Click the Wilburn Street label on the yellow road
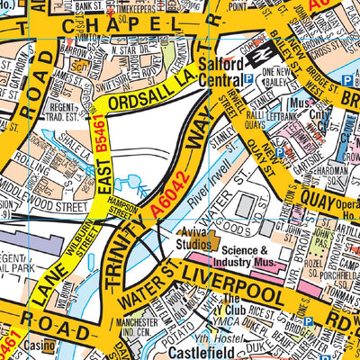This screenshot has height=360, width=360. (71, 245)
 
